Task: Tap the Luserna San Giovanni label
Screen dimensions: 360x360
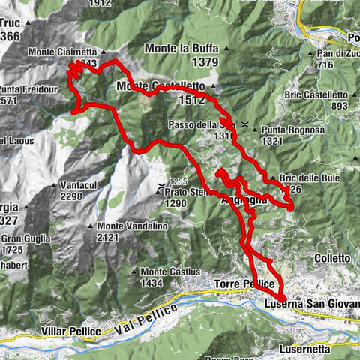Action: click(x=312, y=305)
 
